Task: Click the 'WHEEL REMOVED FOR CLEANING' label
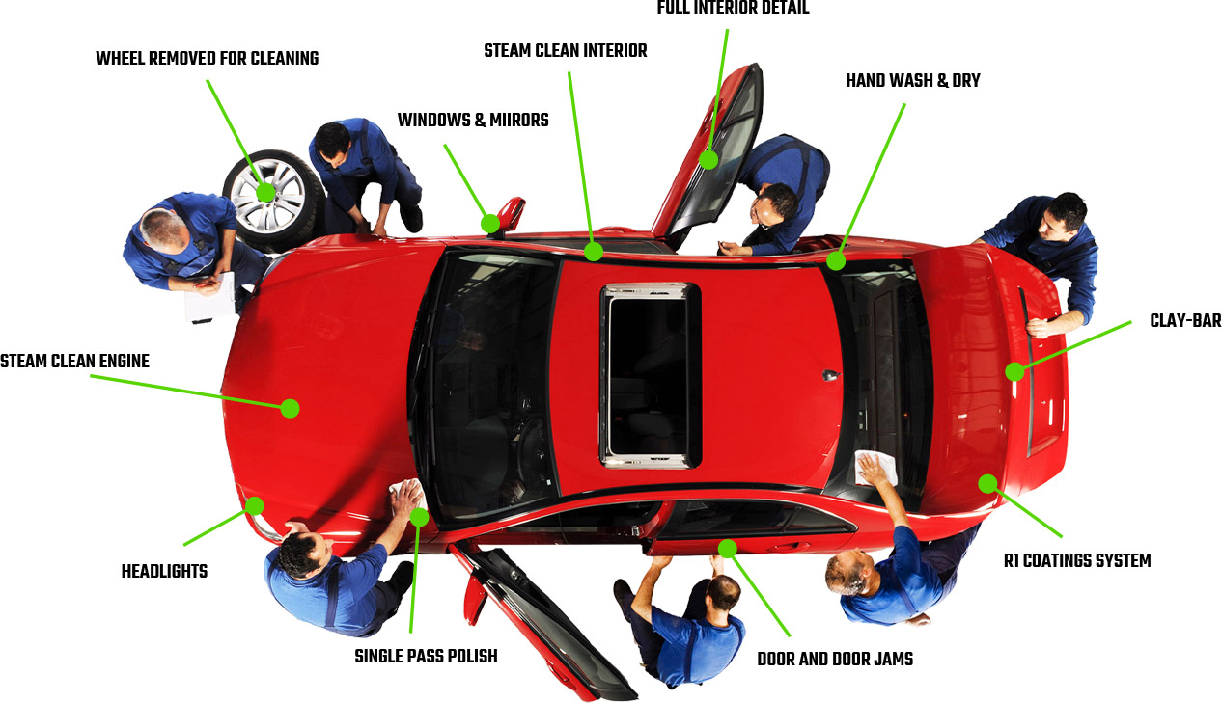(208, 58)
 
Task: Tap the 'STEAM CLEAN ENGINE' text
(74, 361)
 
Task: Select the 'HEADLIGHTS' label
(164, 571)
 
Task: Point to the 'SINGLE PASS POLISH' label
(426, 656)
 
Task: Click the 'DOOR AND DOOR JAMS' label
(835, 659)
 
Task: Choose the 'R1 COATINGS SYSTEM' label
(1077, 561)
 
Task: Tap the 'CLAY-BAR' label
(1185, 320)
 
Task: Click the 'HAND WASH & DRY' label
(913, 81)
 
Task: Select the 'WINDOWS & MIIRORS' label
(473, 120)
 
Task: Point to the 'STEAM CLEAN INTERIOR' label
(566, 51)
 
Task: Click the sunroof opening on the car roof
(650, 376)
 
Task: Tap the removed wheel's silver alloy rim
(267, 195)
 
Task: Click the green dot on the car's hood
(291, 408)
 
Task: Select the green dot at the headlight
(254, 505)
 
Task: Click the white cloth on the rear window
(875, 468)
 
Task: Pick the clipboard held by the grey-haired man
(210, 298)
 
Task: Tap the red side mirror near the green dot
(511, 214)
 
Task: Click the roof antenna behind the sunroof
(831, 375)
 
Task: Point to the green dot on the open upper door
(708, 160)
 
